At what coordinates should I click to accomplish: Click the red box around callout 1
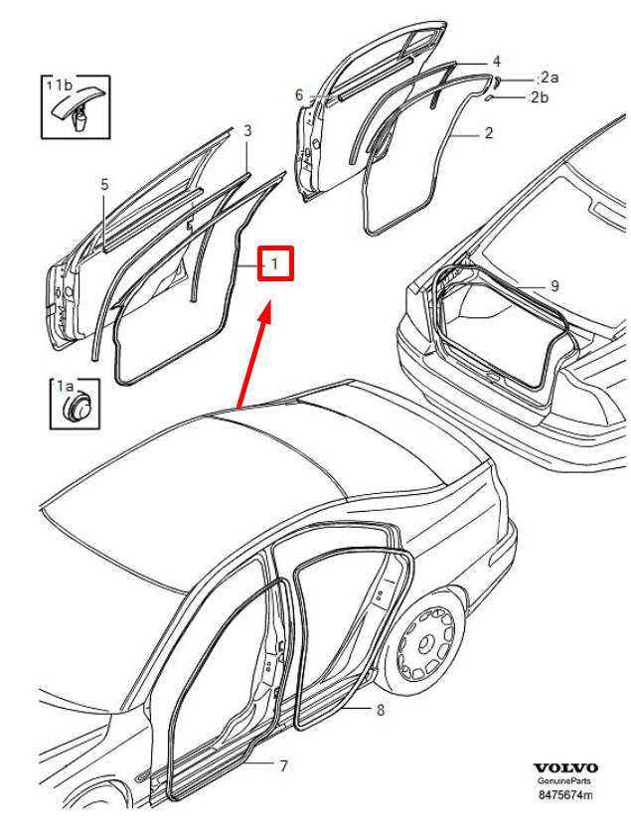point(275,262)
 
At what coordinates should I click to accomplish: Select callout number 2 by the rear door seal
point(488,132)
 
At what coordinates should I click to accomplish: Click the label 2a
point(550,78)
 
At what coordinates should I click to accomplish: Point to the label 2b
point(540,97)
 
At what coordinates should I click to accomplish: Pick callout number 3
point(247,130)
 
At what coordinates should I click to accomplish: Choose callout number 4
point(496,62)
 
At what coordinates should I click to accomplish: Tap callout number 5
point(104,184)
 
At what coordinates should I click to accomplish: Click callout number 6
point(299,94)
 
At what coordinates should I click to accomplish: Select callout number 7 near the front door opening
point(284,766)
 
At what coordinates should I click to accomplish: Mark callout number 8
point(381,710)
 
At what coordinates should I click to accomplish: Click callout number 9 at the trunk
point(554,286)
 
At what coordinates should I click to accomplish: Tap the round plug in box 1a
point(77,408)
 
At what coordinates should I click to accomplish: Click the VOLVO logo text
point(565,767)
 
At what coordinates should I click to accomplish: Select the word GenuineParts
point(564,780)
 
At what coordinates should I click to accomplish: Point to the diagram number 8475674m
point(565,794)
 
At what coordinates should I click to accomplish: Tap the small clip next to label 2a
point(496,82)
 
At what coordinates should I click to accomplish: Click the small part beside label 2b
point(489,98)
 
